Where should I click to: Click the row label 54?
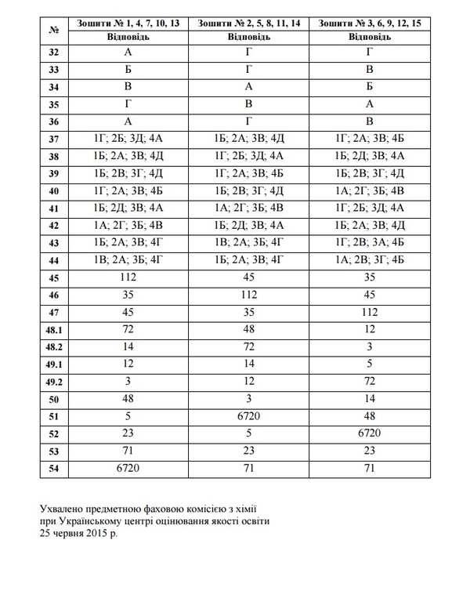[x=54, y=468]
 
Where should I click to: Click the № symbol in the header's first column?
[x=54, y=31]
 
